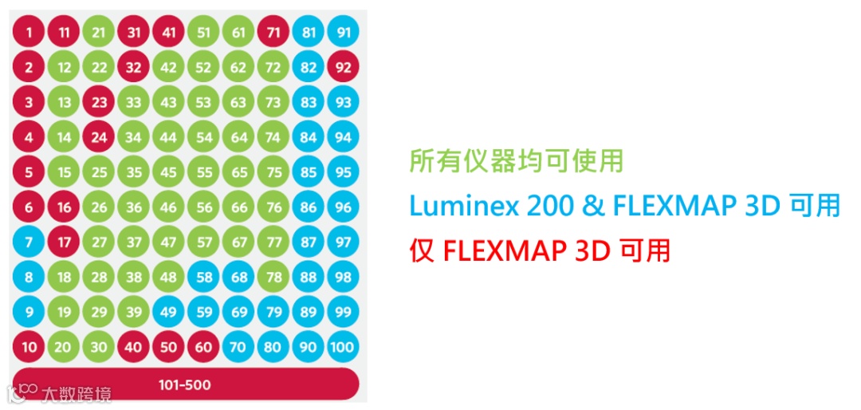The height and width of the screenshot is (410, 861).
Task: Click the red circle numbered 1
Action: point(29,33)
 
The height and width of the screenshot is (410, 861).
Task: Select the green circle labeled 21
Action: point(99,33)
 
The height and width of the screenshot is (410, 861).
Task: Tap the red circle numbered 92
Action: point(343,68)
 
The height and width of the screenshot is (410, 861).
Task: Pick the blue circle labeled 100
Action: point(343,347)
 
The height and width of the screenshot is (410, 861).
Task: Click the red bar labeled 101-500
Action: point(185,384)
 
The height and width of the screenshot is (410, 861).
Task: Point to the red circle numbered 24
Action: point(99,137)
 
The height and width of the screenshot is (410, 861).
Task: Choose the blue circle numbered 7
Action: point(29,242)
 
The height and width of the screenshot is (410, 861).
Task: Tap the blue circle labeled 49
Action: point(168,312)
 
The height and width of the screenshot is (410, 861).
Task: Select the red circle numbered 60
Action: point(203,347)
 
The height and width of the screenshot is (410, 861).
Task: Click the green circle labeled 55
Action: point(203,172)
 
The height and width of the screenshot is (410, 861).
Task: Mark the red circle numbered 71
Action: point(273,33)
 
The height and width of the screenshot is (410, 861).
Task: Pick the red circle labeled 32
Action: point(134,68)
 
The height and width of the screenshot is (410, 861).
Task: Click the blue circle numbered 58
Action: point(203,277)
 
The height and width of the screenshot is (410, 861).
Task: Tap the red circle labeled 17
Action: point(65,242)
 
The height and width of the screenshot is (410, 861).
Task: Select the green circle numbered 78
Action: point(273,277)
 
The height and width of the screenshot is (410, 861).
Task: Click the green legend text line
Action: point(516,161)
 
